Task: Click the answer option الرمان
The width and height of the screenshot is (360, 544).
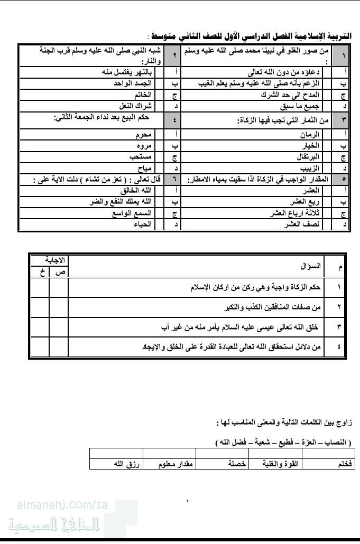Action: (310, 135)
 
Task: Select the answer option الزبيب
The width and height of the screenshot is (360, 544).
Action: (309, 168)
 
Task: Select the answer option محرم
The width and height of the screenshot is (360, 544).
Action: (143, 135)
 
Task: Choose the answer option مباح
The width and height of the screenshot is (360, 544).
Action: (144, 168)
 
